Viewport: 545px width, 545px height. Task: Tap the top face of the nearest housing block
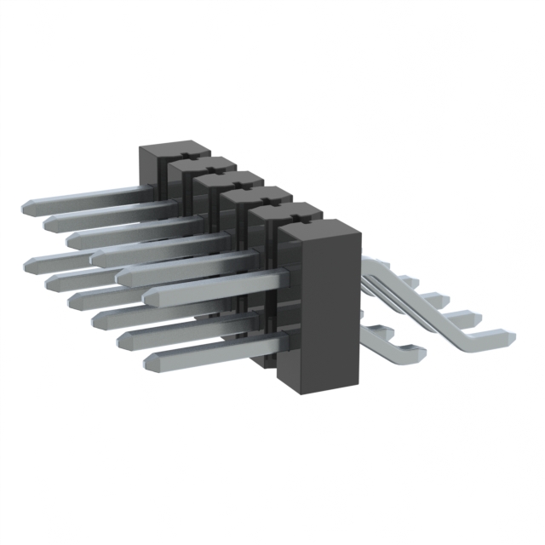point(316,228)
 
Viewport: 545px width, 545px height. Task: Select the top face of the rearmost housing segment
point(169,150)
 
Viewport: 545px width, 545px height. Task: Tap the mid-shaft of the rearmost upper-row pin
point(85,198)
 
